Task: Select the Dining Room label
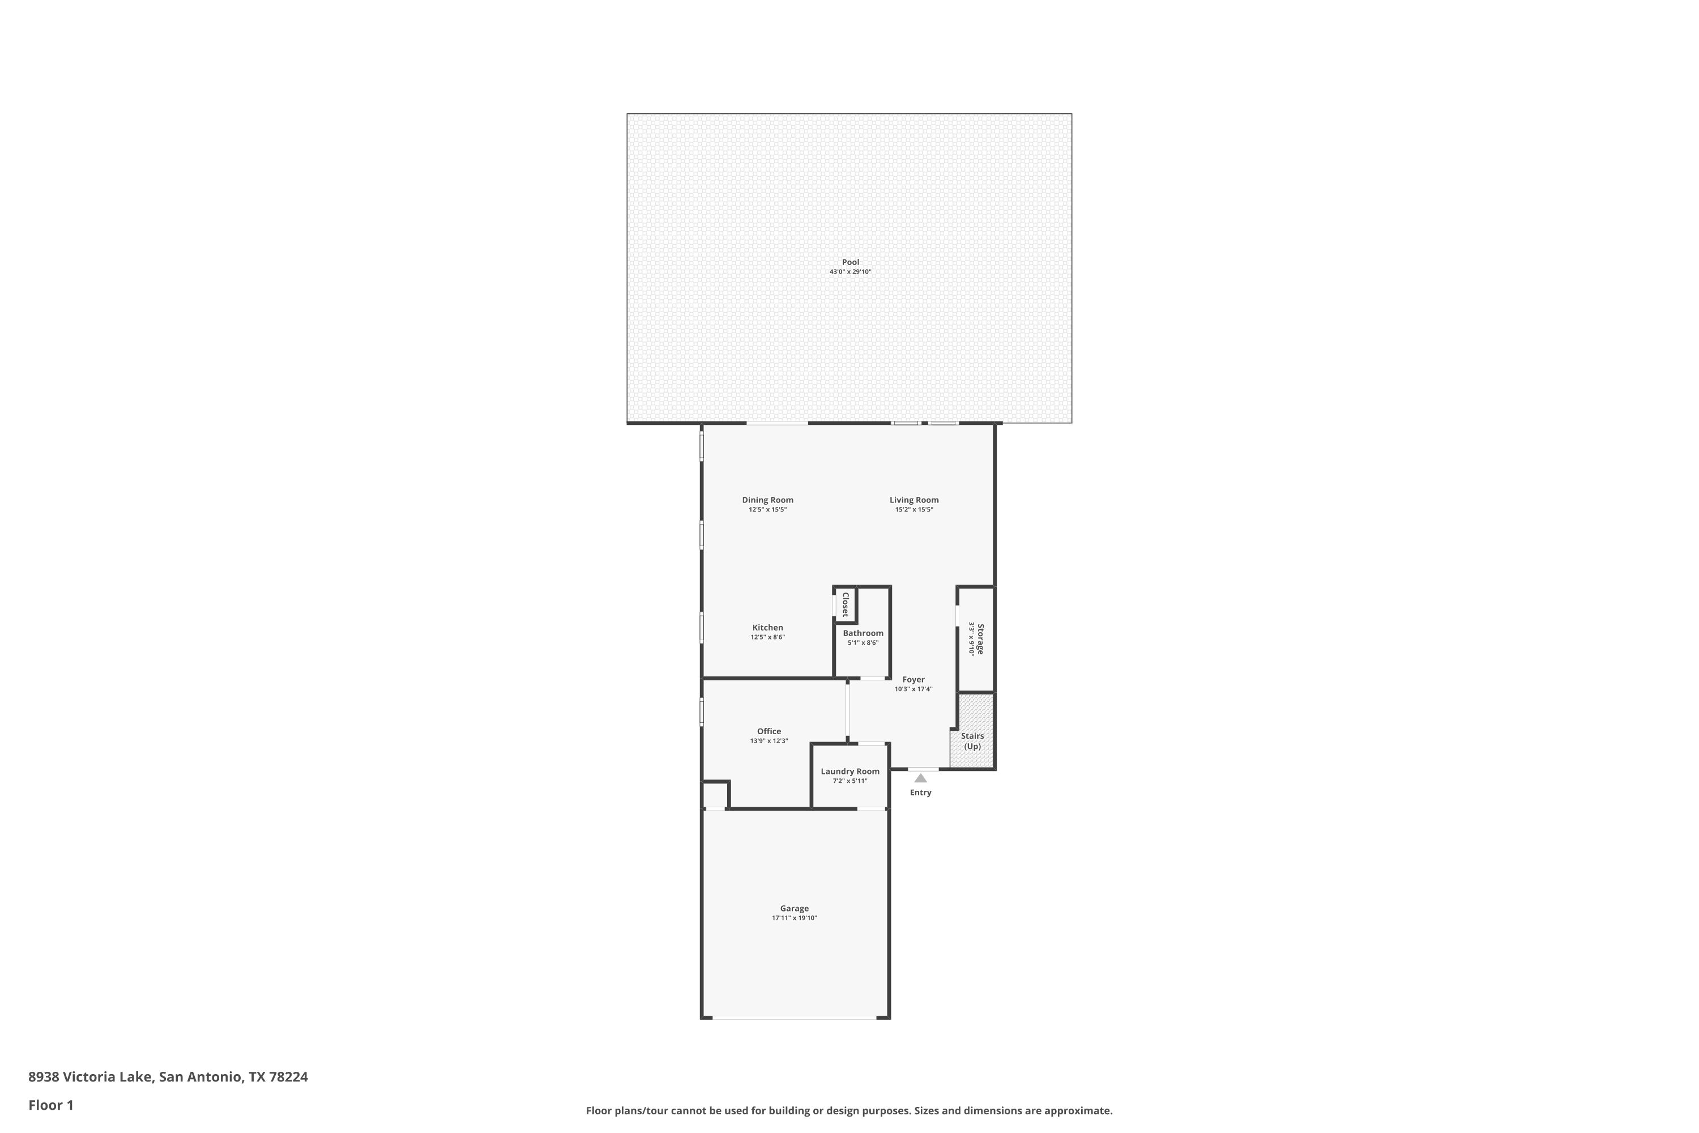pos(767,500)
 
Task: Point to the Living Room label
pos(914,500)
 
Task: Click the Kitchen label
pos(767,628)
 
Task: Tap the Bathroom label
pos(863,633)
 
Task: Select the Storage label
pos(980,640)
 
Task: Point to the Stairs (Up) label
pos(972,742)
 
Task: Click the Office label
pos(769,731)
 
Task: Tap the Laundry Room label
pos(849,772)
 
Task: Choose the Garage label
pos(794,909)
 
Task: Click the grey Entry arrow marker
pos(920,778)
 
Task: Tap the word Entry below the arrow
pos(920,793)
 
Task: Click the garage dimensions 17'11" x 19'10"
pos(794,918)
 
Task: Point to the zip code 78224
pos(288,1077)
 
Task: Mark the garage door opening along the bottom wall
pos(795,1017)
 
